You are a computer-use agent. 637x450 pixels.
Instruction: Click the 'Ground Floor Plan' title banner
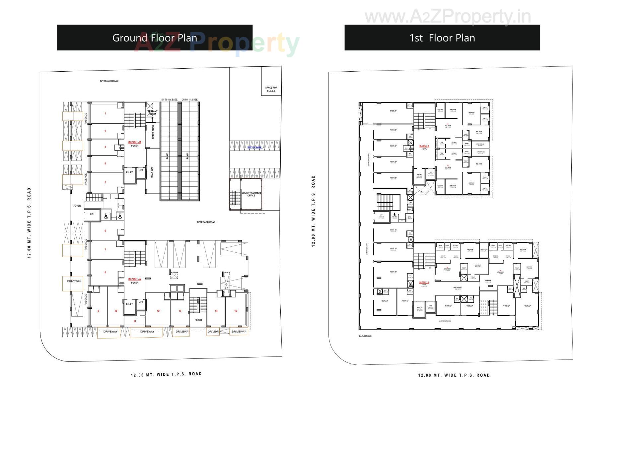(155, 38)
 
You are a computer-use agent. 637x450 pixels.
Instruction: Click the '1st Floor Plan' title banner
(442, 38)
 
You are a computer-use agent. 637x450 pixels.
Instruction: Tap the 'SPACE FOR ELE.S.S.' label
(271, 89)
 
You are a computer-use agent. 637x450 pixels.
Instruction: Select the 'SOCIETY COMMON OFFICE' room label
(251, 194)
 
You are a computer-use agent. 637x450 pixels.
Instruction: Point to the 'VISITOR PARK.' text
(254, 148)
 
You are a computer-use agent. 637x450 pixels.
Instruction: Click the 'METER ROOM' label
(153, 132)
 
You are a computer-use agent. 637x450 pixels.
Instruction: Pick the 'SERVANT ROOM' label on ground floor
(152, 113)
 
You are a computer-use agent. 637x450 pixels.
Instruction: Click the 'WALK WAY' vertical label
(152, 172)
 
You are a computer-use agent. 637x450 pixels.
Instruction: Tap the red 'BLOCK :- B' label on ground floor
(134, 142)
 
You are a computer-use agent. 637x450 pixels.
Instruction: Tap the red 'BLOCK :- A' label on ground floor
(134, 279)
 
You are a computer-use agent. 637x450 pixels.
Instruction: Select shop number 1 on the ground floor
(105, 113)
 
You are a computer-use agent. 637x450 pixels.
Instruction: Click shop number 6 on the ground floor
(105, 231)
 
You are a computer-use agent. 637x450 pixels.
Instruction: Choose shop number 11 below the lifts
(135, 321)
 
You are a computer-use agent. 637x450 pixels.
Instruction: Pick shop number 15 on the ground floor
(236, 311)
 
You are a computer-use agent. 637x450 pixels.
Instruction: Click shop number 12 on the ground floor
(158, 311)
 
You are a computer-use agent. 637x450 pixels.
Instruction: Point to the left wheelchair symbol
(106, 216)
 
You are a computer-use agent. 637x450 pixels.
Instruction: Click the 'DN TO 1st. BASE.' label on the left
(170, 99)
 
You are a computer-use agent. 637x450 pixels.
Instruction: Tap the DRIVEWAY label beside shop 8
(74, 281)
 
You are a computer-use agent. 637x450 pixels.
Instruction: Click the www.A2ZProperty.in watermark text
(448, 17)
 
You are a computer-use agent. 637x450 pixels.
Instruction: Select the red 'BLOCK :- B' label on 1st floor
(424, 146)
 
